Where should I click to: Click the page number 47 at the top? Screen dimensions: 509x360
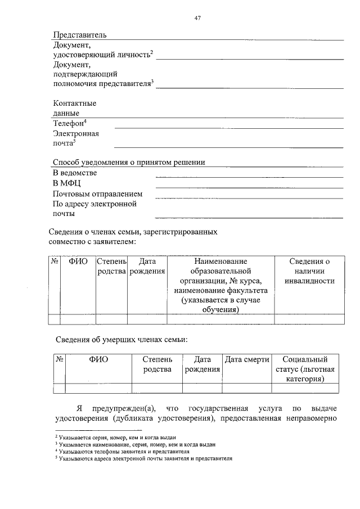(x=197, y=18)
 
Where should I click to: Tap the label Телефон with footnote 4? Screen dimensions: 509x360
(x=69, y=123)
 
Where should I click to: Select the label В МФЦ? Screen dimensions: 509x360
(x=67, y=183)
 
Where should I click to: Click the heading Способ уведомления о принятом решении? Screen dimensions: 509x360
(x=129, y=162)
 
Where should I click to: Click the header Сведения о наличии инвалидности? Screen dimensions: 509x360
(x=309, y=271)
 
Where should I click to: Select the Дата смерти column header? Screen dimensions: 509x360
(x=247, y=359)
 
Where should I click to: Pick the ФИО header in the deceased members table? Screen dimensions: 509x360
(x=98, y=359)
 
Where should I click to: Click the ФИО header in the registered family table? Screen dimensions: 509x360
(x=78, y=262)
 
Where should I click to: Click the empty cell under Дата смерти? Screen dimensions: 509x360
(x=247, y=388)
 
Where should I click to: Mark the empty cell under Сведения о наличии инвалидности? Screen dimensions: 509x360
(x=309, y=319)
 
